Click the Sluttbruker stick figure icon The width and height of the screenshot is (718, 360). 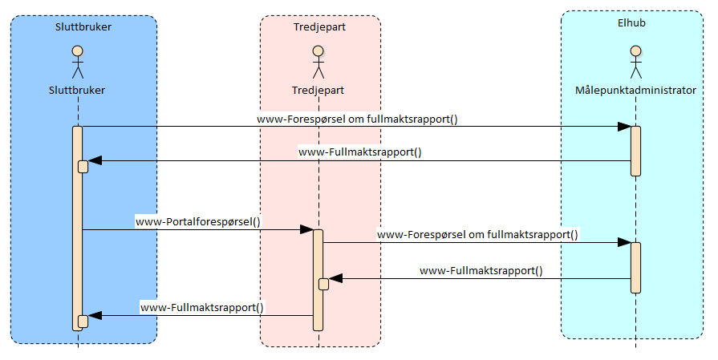(x=77, y=63)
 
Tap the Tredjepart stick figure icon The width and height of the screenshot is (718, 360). (x=318, y=63)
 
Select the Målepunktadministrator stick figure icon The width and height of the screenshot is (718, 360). (x=635, y=63)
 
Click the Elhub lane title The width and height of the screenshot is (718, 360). (x=631, y=23)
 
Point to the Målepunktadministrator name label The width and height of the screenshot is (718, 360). (x=635, y=91)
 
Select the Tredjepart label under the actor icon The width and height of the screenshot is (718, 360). (x=318, y=91)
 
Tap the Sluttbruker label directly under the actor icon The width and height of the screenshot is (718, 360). (x=77, y=91)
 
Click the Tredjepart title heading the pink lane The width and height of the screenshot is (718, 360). (x=320, y=26)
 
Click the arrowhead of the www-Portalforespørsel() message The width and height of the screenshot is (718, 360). (x=307, y=229)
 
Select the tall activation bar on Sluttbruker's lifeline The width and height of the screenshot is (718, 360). (x=77, y=241)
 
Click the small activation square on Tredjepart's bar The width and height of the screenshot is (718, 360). (x=324, y=284)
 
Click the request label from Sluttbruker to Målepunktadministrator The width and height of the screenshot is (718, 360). (x=357, y=119)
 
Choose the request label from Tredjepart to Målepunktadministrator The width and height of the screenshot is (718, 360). (x=477, y=235)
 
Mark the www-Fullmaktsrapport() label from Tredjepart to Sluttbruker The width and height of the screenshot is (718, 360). (x=202, y=307)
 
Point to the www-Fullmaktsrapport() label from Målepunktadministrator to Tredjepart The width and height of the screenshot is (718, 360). (x=481, y=271)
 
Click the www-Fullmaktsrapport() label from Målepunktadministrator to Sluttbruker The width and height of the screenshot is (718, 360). (x=360, y=151)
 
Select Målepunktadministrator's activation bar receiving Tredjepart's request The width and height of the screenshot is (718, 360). (x=635, y=267)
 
